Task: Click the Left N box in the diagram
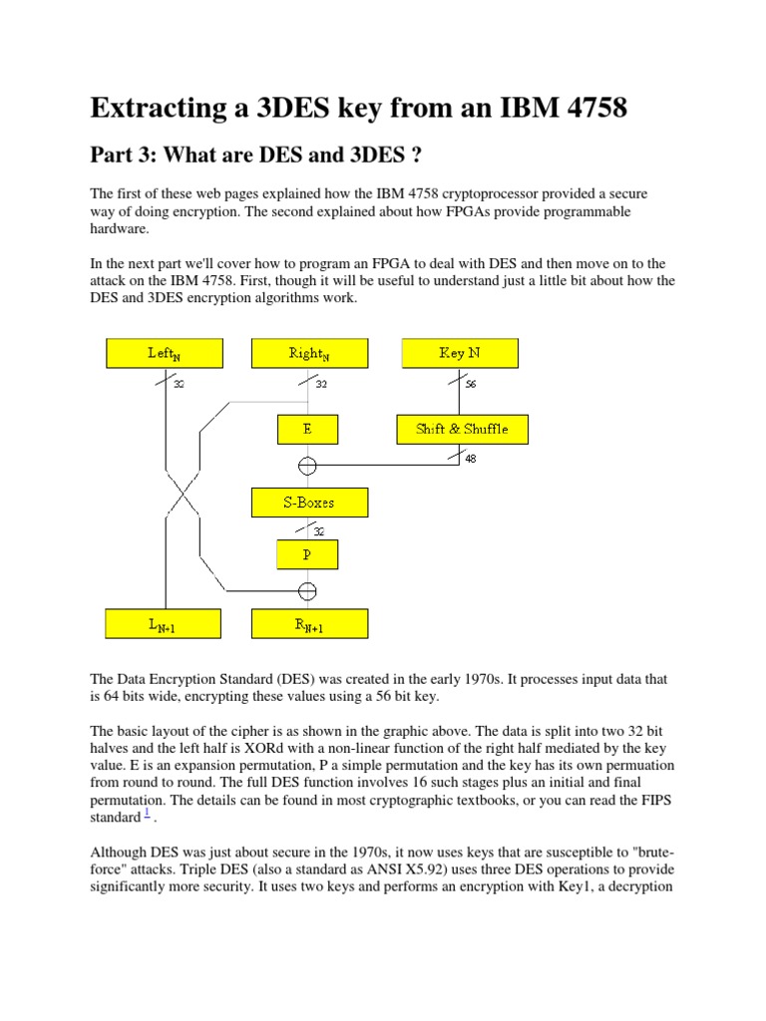pyautogui.click(x=165, y=353)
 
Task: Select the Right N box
pyautogui.click(x=309, y=353)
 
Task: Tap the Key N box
pyautogui.click(x=459, y=353)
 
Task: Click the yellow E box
pyautogui.click(x=308, y=430)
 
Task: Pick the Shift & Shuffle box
pyautogui.click(x=461, y=430)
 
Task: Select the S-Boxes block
pyautogui.click(x=308, y=503)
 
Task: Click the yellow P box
pyautogui.click(x=308, y=553)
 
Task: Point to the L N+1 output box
pyautogui.click(x=165, y=624)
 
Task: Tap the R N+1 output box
pyautogui.click(x=309, y=624)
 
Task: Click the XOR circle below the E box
pyautogui.click(x=308, y=465)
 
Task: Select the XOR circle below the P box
pyautogui.click(x=308, y=590)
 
